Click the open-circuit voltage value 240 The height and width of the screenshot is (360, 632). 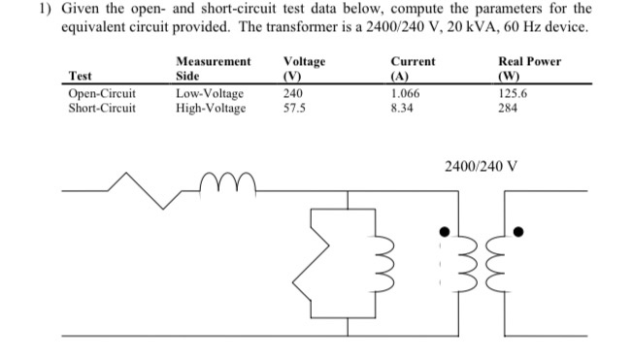[293, 94]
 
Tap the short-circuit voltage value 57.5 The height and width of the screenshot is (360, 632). [294, 108]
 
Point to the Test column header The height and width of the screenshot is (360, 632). [82, 75]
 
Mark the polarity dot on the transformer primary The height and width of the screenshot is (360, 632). [444, 231]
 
